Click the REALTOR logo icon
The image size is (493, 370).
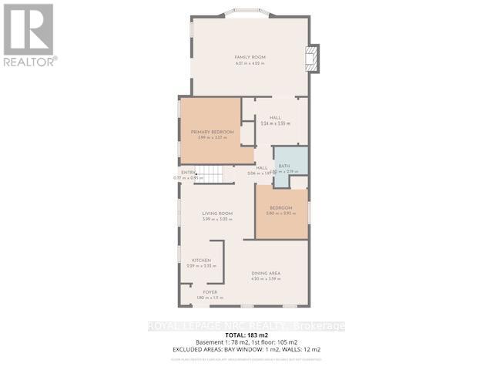29,29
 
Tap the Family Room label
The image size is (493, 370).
250,57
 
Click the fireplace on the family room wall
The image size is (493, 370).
311,59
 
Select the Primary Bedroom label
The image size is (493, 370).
210,132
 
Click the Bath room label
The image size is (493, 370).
284,166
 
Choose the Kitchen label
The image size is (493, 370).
201,261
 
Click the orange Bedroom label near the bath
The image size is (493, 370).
280,208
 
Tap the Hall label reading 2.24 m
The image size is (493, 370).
274,117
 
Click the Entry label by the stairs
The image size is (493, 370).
189,172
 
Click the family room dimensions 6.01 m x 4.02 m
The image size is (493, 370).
250,63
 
